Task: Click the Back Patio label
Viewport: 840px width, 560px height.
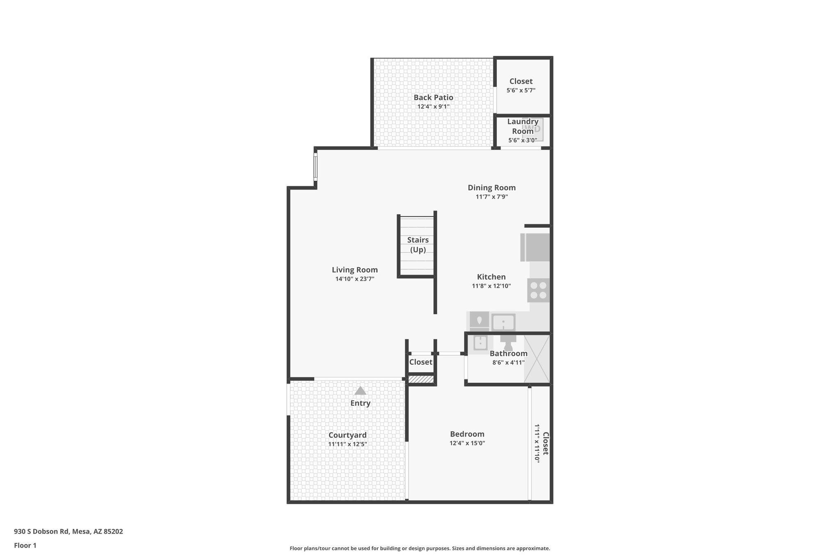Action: (433, 98)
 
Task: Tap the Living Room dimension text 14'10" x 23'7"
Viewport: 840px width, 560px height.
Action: (355, 279)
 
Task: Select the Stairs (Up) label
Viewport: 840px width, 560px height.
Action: (418, 245)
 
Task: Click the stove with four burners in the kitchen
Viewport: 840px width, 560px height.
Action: (538, 290)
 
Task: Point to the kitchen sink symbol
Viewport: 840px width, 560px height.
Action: (503, 322)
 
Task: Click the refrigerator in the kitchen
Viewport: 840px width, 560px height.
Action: (535, 247)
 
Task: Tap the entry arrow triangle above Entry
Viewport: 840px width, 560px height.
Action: (360, 391)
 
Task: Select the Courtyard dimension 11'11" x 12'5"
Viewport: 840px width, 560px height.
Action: (347, 444)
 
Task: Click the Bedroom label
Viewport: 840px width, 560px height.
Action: (467, 434)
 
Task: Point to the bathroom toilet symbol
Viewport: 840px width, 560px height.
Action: (508, 342)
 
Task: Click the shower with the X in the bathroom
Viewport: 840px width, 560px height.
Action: (537, 359)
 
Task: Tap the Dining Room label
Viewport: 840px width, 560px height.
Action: (492, 188)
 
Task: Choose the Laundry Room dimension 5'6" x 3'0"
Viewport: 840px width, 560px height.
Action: (523, 140)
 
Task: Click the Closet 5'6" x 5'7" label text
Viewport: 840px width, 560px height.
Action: (521, 81)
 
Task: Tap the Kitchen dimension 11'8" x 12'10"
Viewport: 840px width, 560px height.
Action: (491, 286)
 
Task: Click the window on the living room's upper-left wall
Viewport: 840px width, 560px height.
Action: (315, 167)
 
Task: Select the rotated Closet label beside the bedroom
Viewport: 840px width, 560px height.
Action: (545, 443)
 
